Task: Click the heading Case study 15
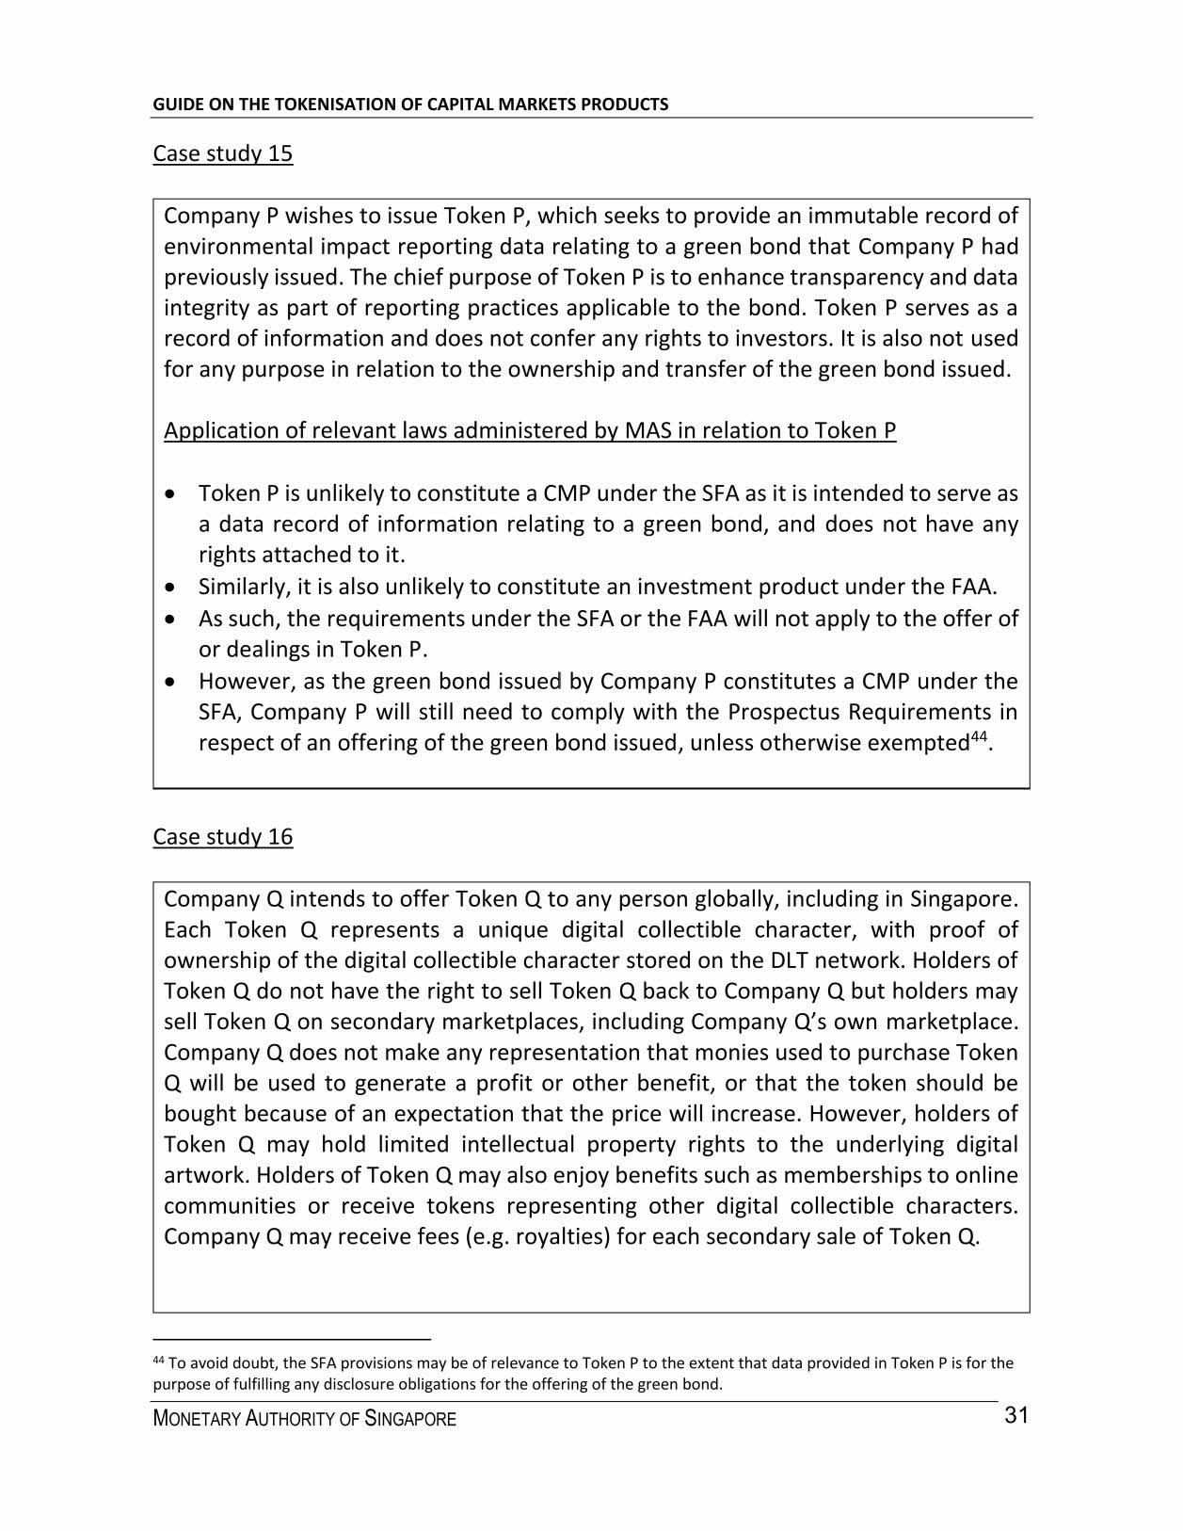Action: coord(222,153)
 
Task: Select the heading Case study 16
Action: coord(222,837)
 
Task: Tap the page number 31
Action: coord(1015,1416)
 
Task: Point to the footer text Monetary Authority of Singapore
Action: coord(304,1419)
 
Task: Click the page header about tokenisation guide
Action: coord(410,105)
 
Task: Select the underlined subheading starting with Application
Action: coord(529,431)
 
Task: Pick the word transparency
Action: coord(861,278)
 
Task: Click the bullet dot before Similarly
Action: coord(169,588)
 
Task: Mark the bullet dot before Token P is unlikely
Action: coord(169,494)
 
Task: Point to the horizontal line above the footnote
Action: coord(291,1338)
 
